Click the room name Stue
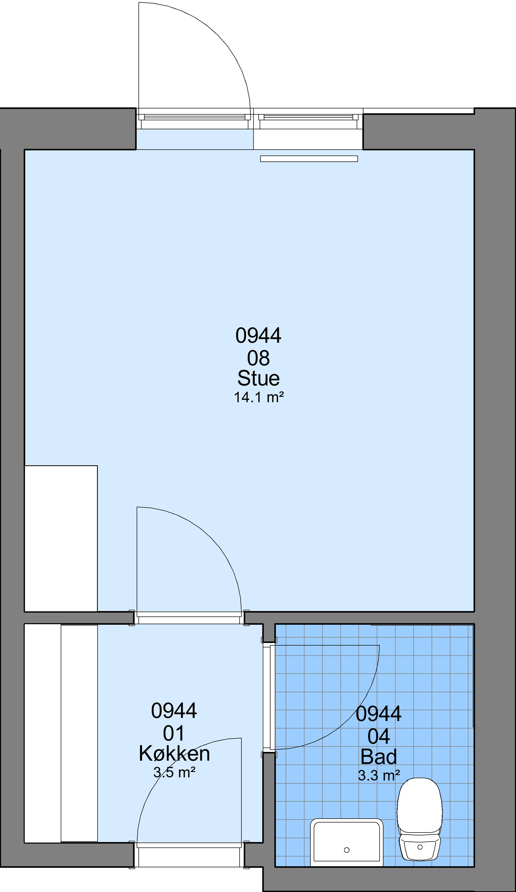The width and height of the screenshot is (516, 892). point(259,378)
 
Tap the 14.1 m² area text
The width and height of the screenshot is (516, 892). point(259,397)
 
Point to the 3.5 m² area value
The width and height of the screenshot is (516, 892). point(174,772)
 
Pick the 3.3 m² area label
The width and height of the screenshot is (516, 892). point(379,775)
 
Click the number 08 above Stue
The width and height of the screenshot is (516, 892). point(259,358)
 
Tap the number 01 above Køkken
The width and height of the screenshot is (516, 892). point(174,733)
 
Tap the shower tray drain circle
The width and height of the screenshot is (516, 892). point(347,850)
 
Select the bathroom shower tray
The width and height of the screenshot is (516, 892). point(347,843)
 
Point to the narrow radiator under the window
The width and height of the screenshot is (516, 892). point(309,159)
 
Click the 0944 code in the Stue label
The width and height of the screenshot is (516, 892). point(259,335)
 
